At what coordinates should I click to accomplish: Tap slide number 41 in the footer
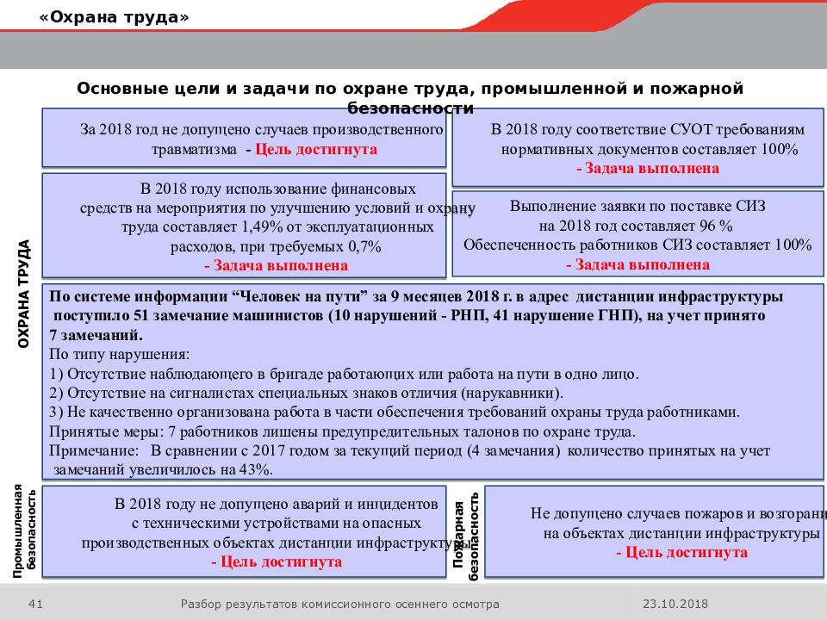[36, 604]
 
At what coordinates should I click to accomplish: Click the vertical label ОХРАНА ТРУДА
[25, 294]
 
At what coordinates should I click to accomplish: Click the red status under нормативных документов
[648, 169]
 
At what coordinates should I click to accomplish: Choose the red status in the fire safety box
[681, 553]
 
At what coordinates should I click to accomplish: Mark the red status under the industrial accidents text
[276, 562]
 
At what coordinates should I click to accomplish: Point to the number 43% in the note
[256, 470]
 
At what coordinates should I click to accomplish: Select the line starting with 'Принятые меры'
[343, 431]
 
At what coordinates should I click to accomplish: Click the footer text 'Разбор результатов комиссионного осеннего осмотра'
[339, 604]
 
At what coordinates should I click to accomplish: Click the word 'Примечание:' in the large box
[93, 450]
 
